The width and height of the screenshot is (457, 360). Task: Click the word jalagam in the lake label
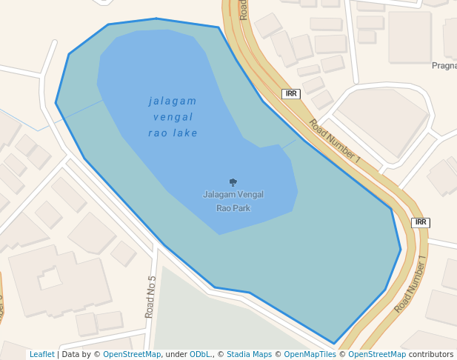click(x=173, y=101)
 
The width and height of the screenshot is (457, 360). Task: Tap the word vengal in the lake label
click(x=173, y=117)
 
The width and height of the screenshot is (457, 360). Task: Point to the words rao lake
click(x=173, y=133)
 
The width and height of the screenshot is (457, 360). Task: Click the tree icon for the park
click(x=233, y=182)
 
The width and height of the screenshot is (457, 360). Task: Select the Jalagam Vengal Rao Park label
click(x=233, y=201)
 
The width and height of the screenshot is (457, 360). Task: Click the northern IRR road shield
click(x=291, y=94)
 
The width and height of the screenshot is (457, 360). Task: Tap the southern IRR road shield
click(x=421, y=222)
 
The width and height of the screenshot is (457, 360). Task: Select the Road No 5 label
click(x=151, y=297)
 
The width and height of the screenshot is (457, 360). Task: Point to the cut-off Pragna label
click(x=444, y=66)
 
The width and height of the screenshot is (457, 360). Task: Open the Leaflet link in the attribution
click(x=41, y=355)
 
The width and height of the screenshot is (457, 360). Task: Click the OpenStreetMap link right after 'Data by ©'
click(x=132, y=355)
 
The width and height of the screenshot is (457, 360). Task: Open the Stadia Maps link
click(x=249, y=355)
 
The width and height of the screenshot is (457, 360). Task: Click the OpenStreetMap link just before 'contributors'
click(x=377, y=355)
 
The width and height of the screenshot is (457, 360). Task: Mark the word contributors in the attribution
click(x=431, y=355)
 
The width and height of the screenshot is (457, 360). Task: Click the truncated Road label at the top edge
click(x=243, y=9)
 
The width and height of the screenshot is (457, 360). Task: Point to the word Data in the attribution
click(x=71, y=355)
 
